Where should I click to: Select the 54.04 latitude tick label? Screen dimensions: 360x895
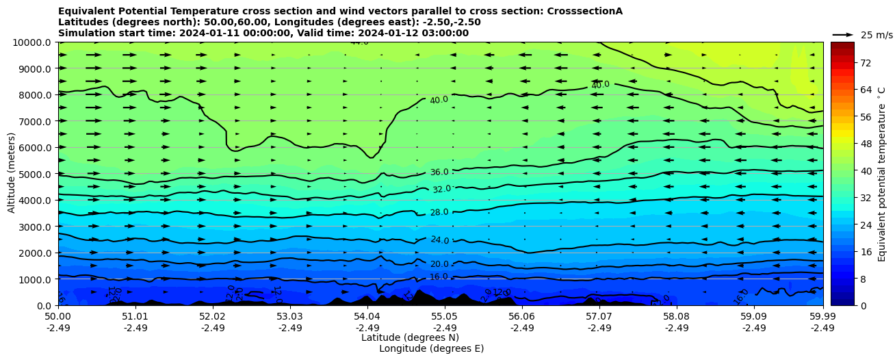pyautogui.click(x=367, y=317)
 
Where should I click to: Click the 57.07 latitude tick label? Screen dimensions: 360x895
pyautogui.click(x=599, y=317)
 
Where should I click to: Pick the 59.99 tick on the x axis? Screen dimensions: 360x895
pyautogui.click(x=822, y=317)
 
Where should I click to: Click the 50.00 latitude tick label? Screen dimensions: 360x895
pyautogui.click(x=58, y=317)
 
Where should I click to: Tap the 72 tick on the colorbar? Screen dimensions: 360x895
pyautogui.click(x=846, y=62)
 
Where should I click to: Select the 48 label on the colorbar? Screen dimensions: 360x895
pyautogui.click(x=846, y=144)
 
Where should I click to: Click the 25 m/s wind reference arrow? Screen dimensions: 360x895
pyautogui.click(x=842, y=34)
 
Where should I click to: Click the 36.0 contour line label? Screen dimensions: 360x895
pyautogui.click(x=439, y=172)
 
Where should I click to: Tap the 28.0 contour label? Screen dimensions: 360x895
pyautogui.click(x=439, y=213)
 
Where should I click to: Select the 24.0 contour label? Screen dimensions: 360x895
pyautogui.click(x=439, y=240)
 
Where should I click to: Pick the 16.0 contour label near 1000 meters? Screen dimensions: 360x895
pyautogui.click(x=439, y=277)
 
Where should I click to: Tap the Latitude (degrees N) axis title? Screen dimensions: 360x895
pyautogui.click(x=410, y=337)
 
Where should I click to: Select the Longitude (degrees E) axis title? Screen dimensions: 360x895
pyautogui.click(x=431, y=348)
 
